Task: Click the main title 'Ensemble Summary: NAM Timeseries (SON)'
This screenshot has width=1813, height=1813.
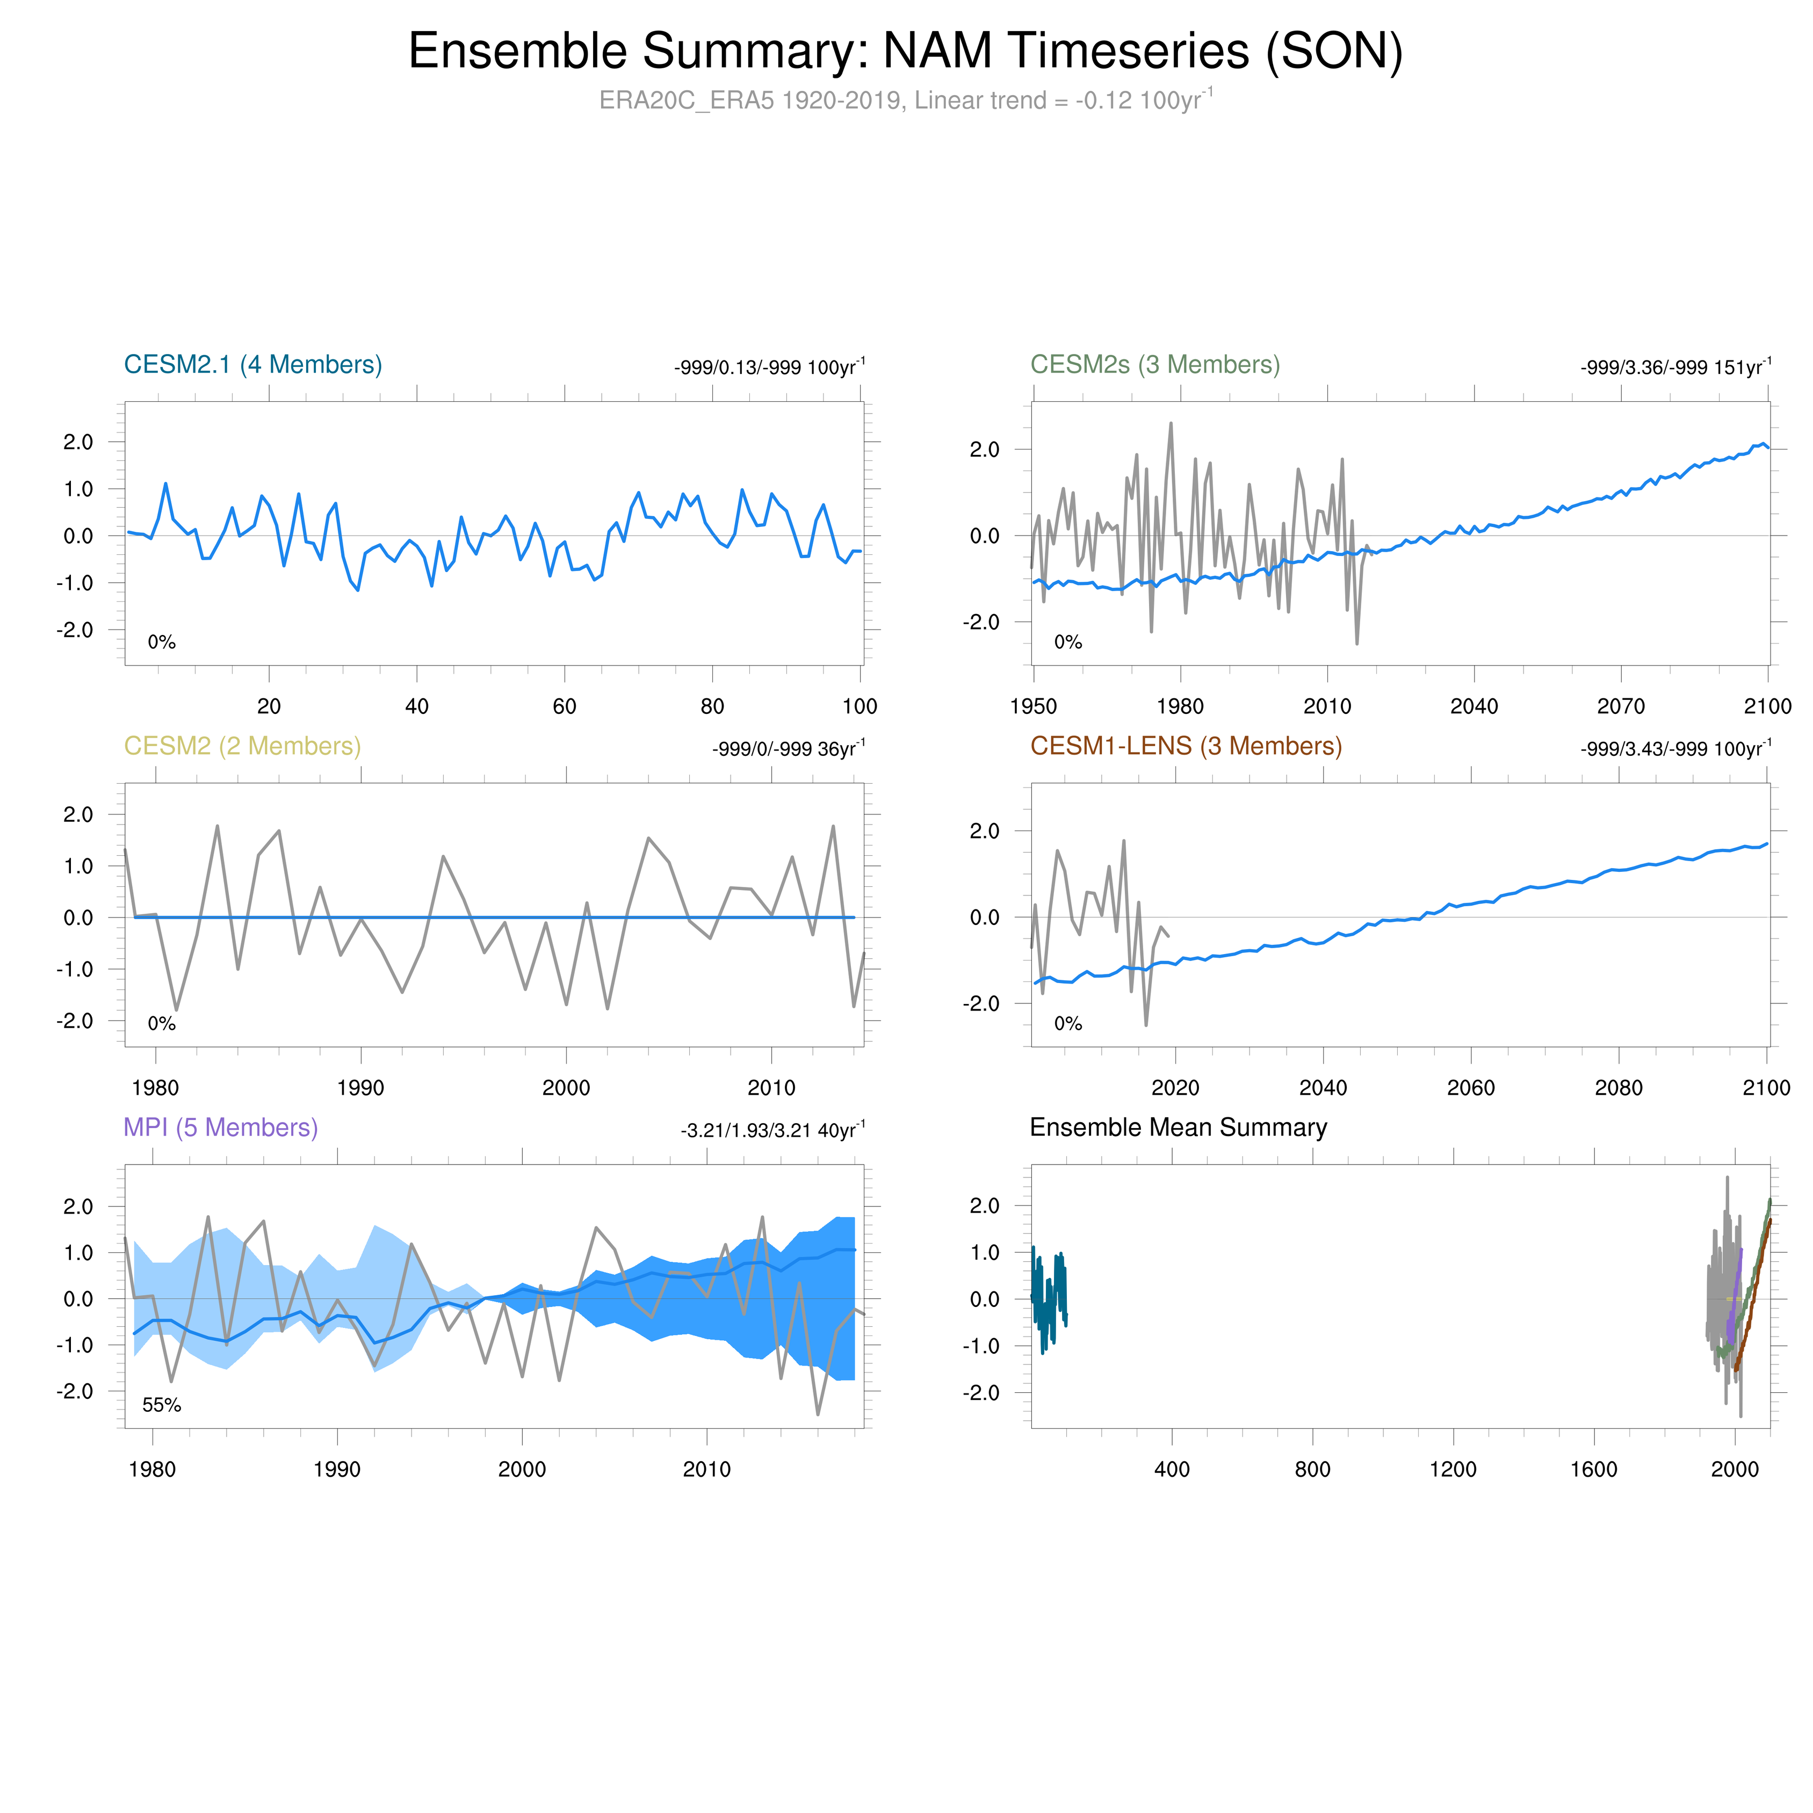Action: (x=906, y=52)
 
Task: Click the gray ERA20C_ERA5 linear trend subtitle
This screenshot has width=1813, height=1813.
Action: (x=906, y=100)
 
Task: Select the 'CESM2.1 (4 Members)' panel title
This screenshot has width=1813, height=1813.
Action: (x=252, y=365)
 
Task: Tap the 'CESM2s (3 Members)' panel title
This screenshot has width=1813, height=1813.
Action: (x=1154, y=365)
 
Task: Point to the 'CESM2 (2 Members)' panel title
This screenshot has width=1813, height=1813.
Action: (x=242, y=746)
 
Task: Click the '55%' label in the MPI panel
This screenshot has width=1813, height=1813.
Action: (x=161, y=1405)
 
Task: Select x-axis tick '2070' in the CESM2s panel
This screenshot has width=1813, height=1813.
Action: (x=1621, y=706)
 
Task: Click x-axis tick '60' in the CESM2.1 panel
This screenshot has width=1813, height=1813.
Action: (x=564, y=706)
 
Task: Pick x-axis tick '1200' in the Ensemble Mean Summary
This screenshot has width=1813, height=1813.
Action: (x=1453, y=1470)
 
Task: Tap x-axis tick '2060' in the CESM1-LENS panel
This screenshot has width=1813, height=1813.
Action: (x=1470, y=1088)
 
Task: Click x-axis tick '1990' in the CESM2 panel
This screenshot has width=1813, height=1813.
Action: (x=360, y=1088)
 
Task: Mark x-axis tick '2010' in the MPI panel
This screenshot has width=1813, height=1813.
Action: (x=706, y=1470)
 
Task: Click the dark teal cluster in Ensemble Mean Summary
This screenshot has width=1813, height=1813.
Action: (x=1048, y=1299)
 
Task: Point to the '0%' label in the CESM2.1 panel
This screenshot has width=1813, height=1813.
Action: (x=161, y=642)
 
